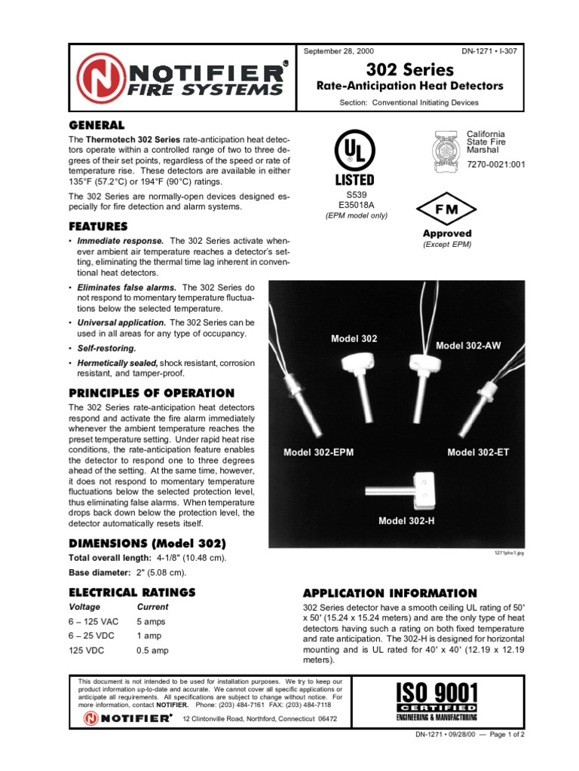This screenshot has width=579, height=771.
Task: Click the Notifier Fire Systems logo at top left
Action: coord(181,80)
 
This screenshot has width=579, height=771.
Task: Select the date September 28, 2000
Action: coord(338,51)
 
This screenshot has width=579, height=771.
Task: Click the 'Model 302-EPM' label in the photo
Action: coord(319,453)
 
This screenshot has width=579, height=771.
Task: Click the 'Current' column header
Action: coord(152,607)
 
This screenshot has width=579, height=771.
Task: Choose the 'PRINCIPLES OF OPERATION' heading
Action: coord(152,393)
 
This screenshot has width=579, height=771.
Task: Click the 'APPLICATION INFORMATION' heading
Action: coord(390,593)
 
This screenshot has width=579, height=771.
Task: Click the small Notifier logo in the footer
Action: coord(126,719)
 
